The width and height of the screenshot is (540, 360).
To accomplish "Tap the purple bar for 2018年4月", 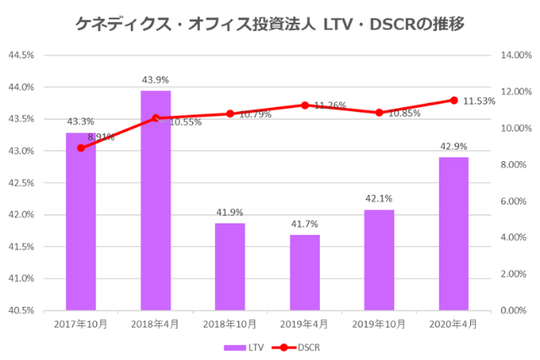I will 155,200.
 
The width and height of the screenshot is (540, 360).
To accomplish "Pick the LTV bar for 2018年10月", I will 229,266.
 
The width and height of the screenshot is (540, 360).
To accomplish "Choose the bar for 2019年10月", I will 379,260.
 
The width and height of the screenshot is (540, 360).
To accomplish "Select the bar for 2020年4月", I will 453,234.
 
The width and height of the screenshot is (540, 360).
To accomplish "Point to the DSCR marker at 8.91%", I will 81,148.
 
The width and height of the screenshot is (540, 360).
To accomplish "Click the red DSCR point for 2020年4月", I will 453,100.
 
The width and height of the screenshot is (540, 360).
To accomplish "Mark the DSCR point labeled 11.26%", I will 305,105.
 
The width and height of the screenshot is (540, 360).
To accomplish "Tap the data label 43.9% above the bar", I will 155,80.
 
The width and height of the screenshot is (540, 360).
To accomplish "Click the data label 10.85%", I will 403,113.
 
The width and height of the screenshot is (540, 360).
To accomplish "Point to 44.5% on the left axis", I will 21,55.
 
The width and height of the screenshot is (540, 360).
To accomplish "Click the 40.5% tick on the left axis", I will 21,310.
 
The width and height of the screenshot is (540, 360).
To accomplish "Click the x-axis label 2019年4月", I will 305,324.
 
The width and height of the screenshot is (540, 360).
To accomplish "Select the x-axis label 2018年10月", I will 229,324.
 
